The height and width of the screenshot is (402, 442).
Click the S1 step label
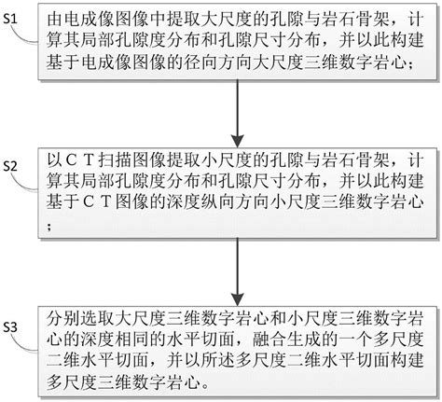(10, 20)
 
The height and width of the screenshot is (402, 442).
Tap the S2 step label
(10, 166)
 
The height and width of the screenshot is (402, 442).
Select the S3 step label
(10, 327)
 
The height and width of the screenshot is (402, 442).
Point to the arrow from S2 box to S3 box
(238, 272)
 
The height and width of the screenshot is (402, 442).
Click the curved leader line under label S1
(24, 36)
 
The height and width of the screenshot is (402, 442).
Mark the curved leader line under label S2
(24, 184)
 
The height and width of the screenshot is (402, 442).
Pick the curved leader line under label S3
(24, 344)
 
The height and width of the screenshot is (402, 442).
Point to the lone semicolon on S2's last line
(49, 226)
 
